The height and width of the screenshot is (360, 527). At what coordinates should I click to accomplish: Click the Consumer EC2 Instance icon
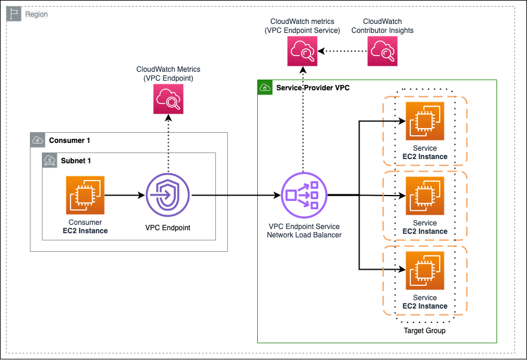(x=85, y=195)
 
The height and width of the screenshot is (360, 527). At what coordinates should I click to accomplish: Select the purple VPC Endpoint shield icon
(x=167, y=195)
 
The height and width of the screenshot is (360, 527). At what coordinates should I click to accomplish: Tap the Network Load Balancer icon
(x=303, y=194)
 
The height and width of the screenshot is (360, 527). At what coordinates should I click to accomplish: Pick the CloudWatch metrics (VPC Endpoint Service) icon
(x=302, y=51)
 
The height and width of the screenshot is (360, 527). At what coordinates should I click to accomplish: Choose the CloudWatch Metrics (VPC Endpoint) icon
(x=168, y=99)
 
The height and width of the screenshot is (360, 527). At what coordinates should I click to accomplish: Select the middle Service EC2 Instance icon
(x=425, y=196)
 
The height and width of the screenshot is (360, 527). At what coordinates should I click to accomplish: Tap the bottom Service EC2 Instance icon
(x=425, y=270)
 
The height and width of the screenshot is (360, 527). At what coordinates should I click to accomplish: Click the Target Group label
(x=425, y=331)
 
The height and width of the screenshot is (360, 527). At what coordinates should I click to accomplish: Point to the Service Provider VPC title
(x=313, y=88)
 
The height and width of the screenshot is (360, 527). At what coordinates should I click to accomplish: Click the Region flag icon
(x=14, y=14)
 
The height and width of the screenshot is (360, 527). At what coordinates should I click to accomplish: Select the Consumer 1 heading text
(x=69, y=141)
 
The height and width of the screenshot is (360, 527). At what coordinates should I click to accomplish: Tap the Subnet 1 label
(x=76, y=160)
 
